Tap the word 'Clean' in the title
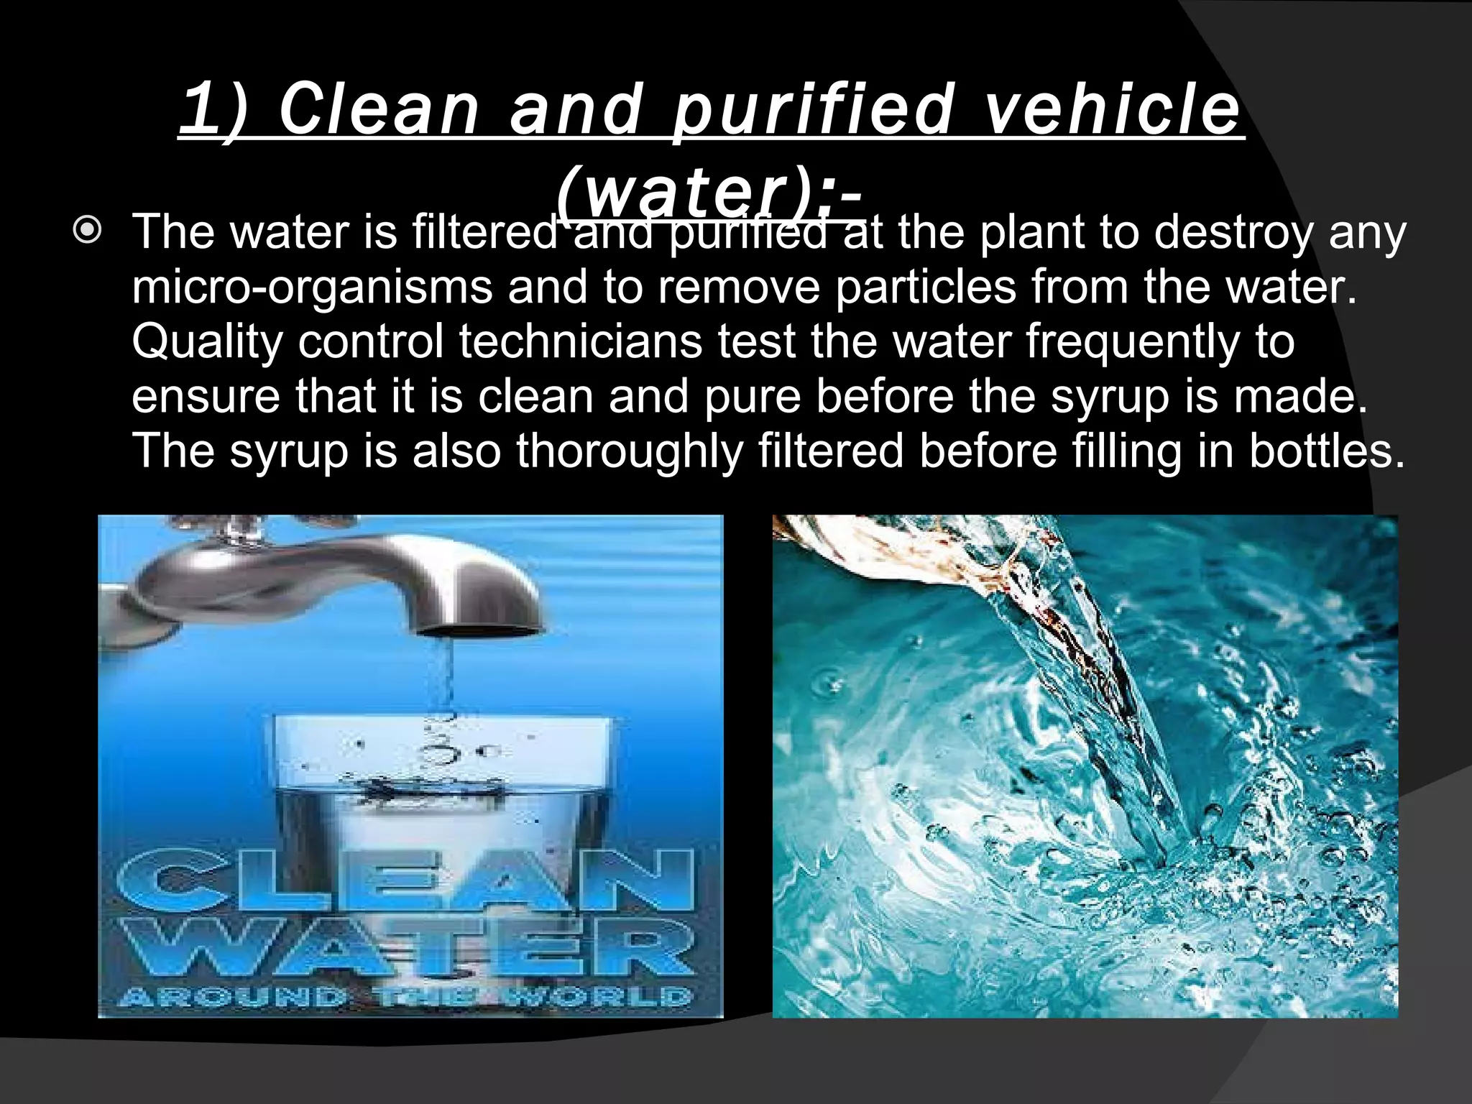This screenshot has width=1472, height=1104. (x=379, y=111)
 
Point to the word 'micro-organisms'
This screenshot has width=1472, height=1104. (x=312, y=287)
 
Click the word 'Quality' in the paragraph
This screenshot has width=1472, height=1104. (x=207, y=342)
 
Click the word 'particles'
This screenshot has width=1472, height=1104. (x=926, y=287)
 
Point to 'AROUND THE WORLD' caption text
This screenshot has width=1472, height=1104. (x=407, y=997)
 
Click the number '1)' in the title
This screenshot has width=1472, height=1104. (x=213, y=111)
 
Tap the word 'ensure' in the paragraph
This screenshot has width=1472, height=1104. (x=206, y=397)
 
